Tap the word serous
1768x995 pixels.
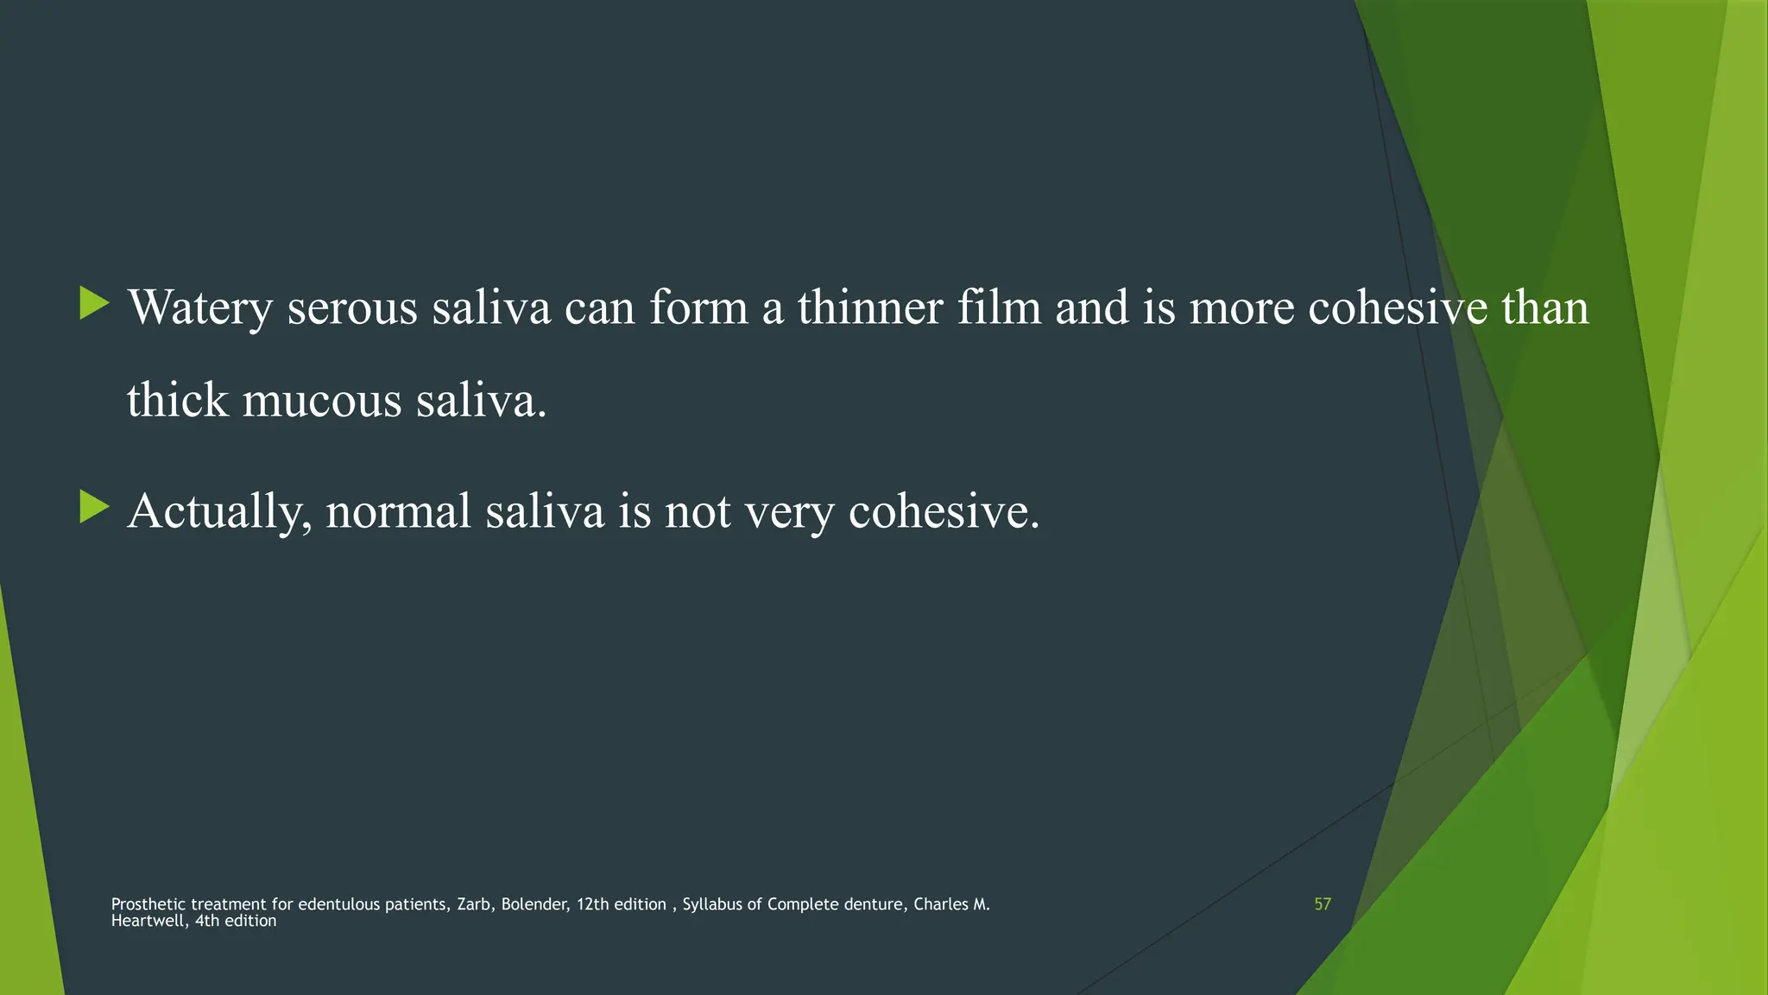(x=352, y=308)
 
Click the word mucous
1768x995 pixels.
(x=322, y=402)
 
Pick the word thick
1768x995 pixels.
(x=177, y=402)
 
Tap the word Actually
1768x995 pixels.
(x=219, y=511)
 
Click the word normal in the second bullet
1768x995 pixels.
(x=398, y=511)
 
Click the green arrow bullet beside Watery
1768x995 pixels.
(x=94, y=303)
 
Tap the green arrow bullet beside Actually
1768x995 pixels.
(x=94, y=507)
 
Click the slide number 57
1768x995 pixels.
(x=1323, y=904)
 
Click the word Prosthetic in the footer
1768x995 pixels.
(x=148, y=904)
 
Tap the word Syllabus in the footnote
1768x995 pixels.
(x=712, y=904)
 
